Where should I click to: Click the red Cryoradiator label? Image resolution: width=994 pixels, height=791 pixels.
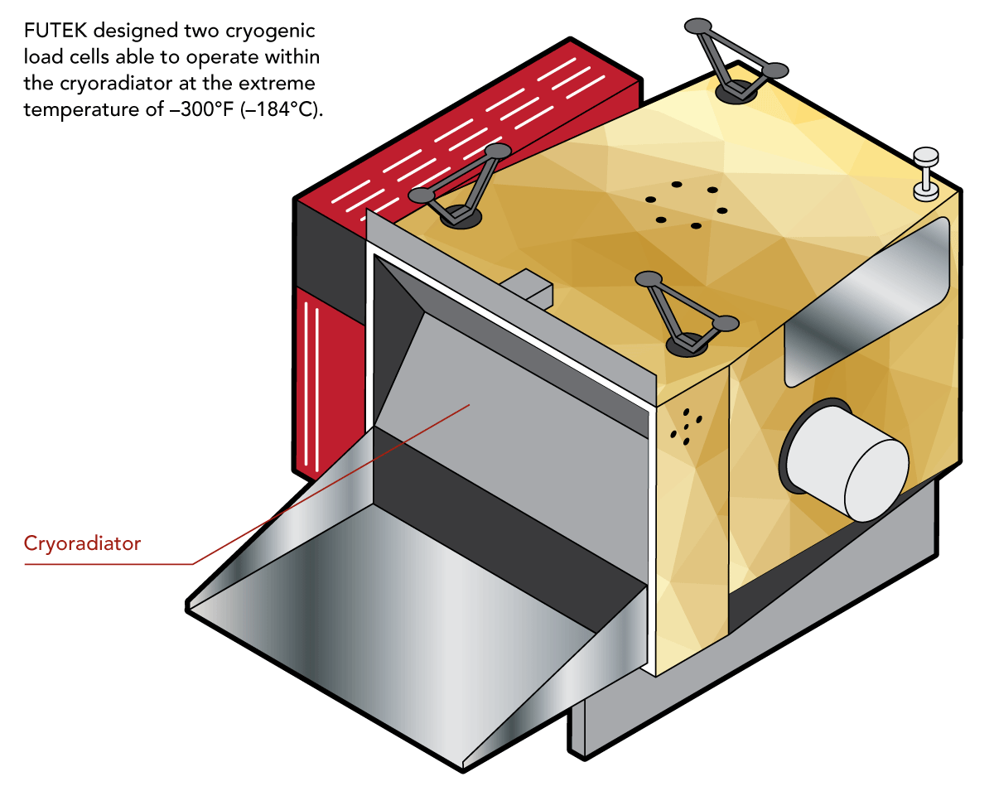coord(82,544)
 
